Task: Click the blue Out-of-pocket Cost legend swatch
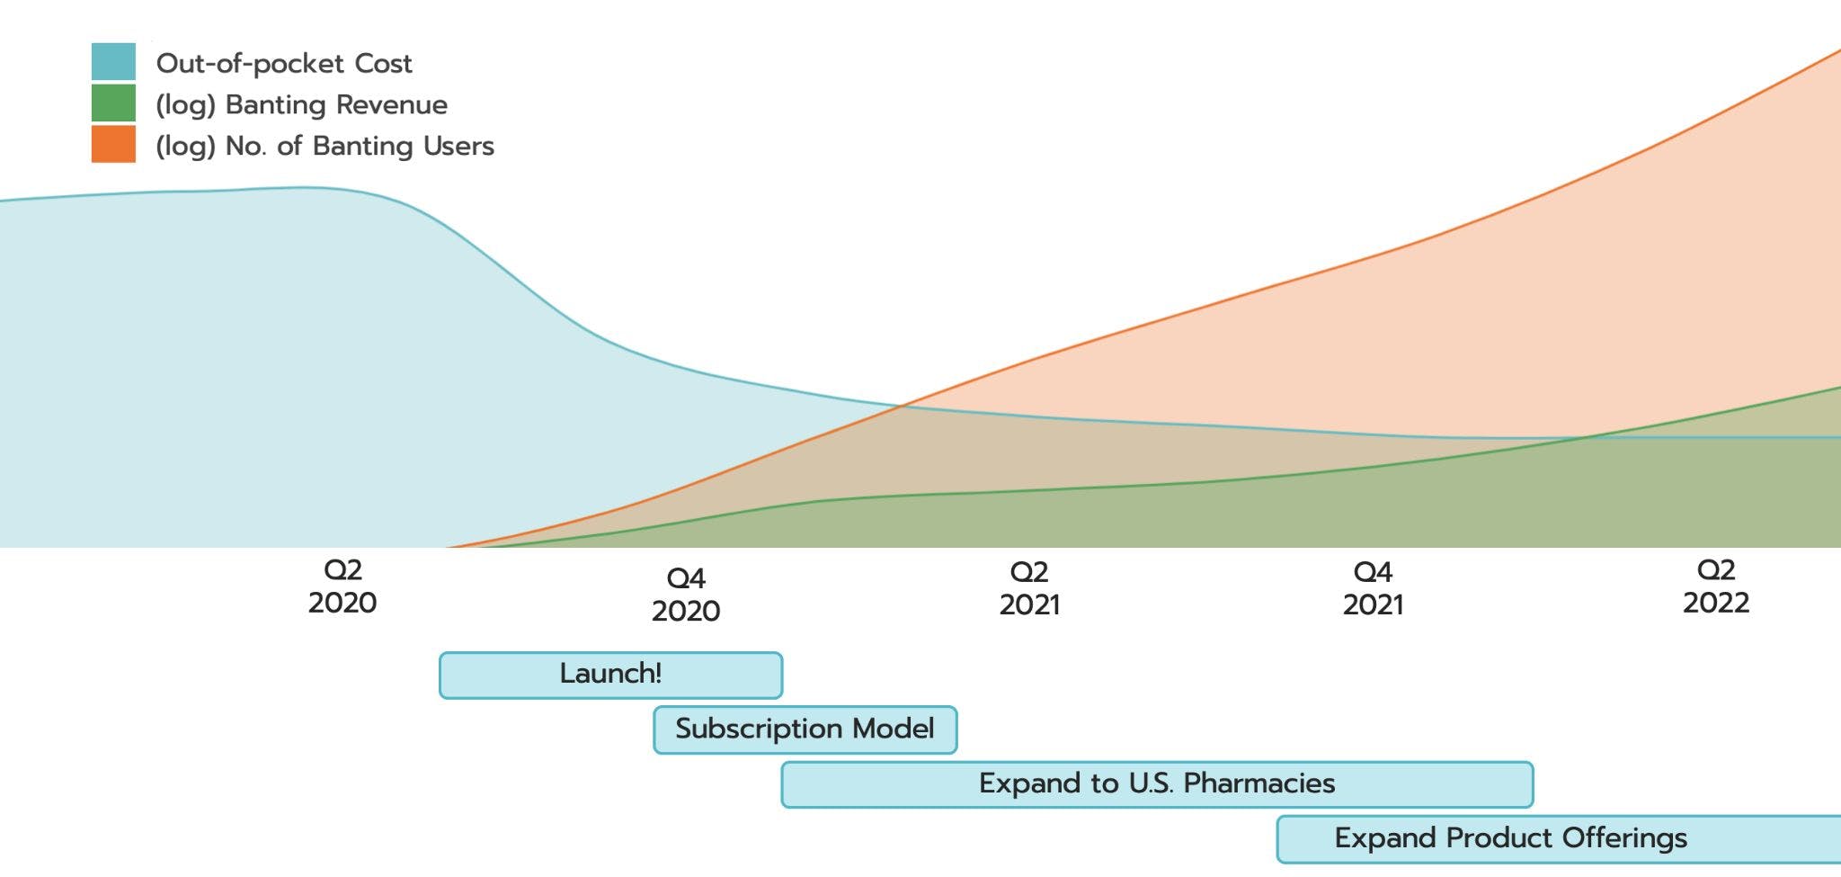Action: [113, 62]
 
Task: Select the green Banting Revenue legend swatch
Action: [113, 103]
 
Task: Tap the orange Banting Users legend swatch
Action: [113, 144]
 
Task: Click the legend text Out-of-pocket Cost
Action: [284, 64]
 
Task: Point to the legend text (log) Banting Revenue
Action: [301, 105]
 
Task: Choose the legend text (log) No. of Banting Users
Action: [325, 146]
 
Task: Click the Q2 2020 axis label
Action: [342, 586]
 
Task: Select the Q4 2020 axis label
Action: [686, 595]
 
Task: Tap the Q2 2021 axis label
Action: [1029, 588]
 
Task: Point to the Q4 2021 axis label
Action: [1373, 588]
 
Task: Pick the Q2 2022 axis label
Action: [1716, 586]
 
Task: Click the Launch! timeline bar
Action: [610, 675]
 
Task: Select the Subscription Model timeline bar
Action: [805, 729]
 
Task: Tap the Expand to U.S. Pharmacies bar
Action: [1157, 784]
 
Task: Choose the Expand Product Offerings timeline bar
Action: [1558, 839]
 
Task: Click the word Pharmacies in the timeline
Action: [1258, 784]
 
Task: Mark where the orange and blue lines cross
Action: [902, 407]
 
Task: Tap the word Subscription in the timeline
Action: [760, 729]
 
